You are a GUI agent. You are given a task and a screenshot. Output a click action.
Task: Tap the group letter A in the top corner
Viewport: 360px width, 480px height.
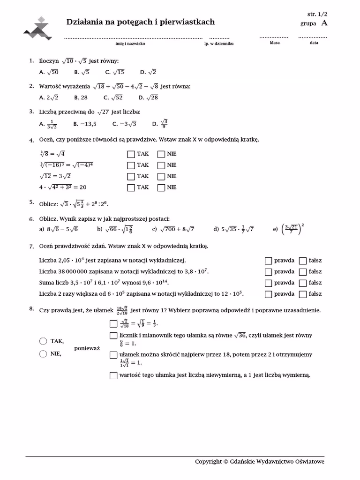pos(324,23)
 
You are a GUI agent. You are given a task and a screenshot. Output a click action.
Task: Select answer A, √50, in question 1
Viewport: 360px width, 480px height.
pos(49,72)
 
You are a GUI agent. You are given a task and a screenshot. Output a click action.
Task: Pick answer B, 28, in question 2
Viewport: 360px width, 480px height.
pos(81,97)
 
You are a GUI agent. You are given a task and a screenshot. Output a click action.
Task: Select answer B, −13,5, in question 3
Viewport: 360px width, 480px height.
pos(85,124)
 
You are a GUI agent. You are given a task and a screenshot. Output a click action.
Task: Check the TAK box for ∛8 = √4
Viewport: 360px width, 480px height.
pos(131,154)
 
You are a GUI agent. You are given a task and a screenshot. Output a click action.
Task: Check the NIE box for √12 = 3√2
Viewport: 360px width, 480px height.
pos(161,176)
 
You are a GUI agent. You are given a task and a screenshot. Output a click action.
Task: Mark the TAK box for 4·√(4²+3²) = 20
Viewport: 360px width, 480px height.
pos(131,187)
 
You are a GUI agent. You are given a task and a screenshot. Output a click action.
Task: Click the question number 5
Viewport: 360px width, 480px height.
pos(31,202)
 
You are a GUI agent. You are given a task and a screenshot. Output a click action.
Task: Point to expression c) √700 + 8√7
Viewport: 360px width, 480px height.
pos(173,229)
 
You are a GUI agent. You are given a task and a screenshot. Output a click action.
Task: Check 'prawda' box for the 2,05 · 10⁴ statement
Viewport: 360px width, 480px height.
pos(268,261)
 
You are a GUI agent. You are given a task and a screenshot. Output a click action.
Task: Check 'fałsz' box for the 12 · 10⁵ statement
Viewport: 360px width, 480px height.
pos(303,294)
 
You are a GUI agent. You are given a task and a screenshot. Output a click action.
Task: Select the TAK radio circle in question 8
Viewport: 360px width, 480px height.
pos(43,341)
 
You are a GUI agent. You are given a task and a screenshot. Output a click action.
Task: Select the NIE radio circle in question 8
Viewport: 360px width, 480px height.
pos(43,354)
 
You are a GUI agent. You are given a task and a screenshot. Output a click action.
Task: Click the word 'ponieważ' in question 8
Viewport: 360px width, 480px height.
pos(87,348)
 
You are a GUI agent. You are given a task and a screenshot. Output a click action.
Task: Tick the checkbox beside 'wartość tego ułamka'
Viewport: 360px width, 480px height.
pos(113,375)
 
